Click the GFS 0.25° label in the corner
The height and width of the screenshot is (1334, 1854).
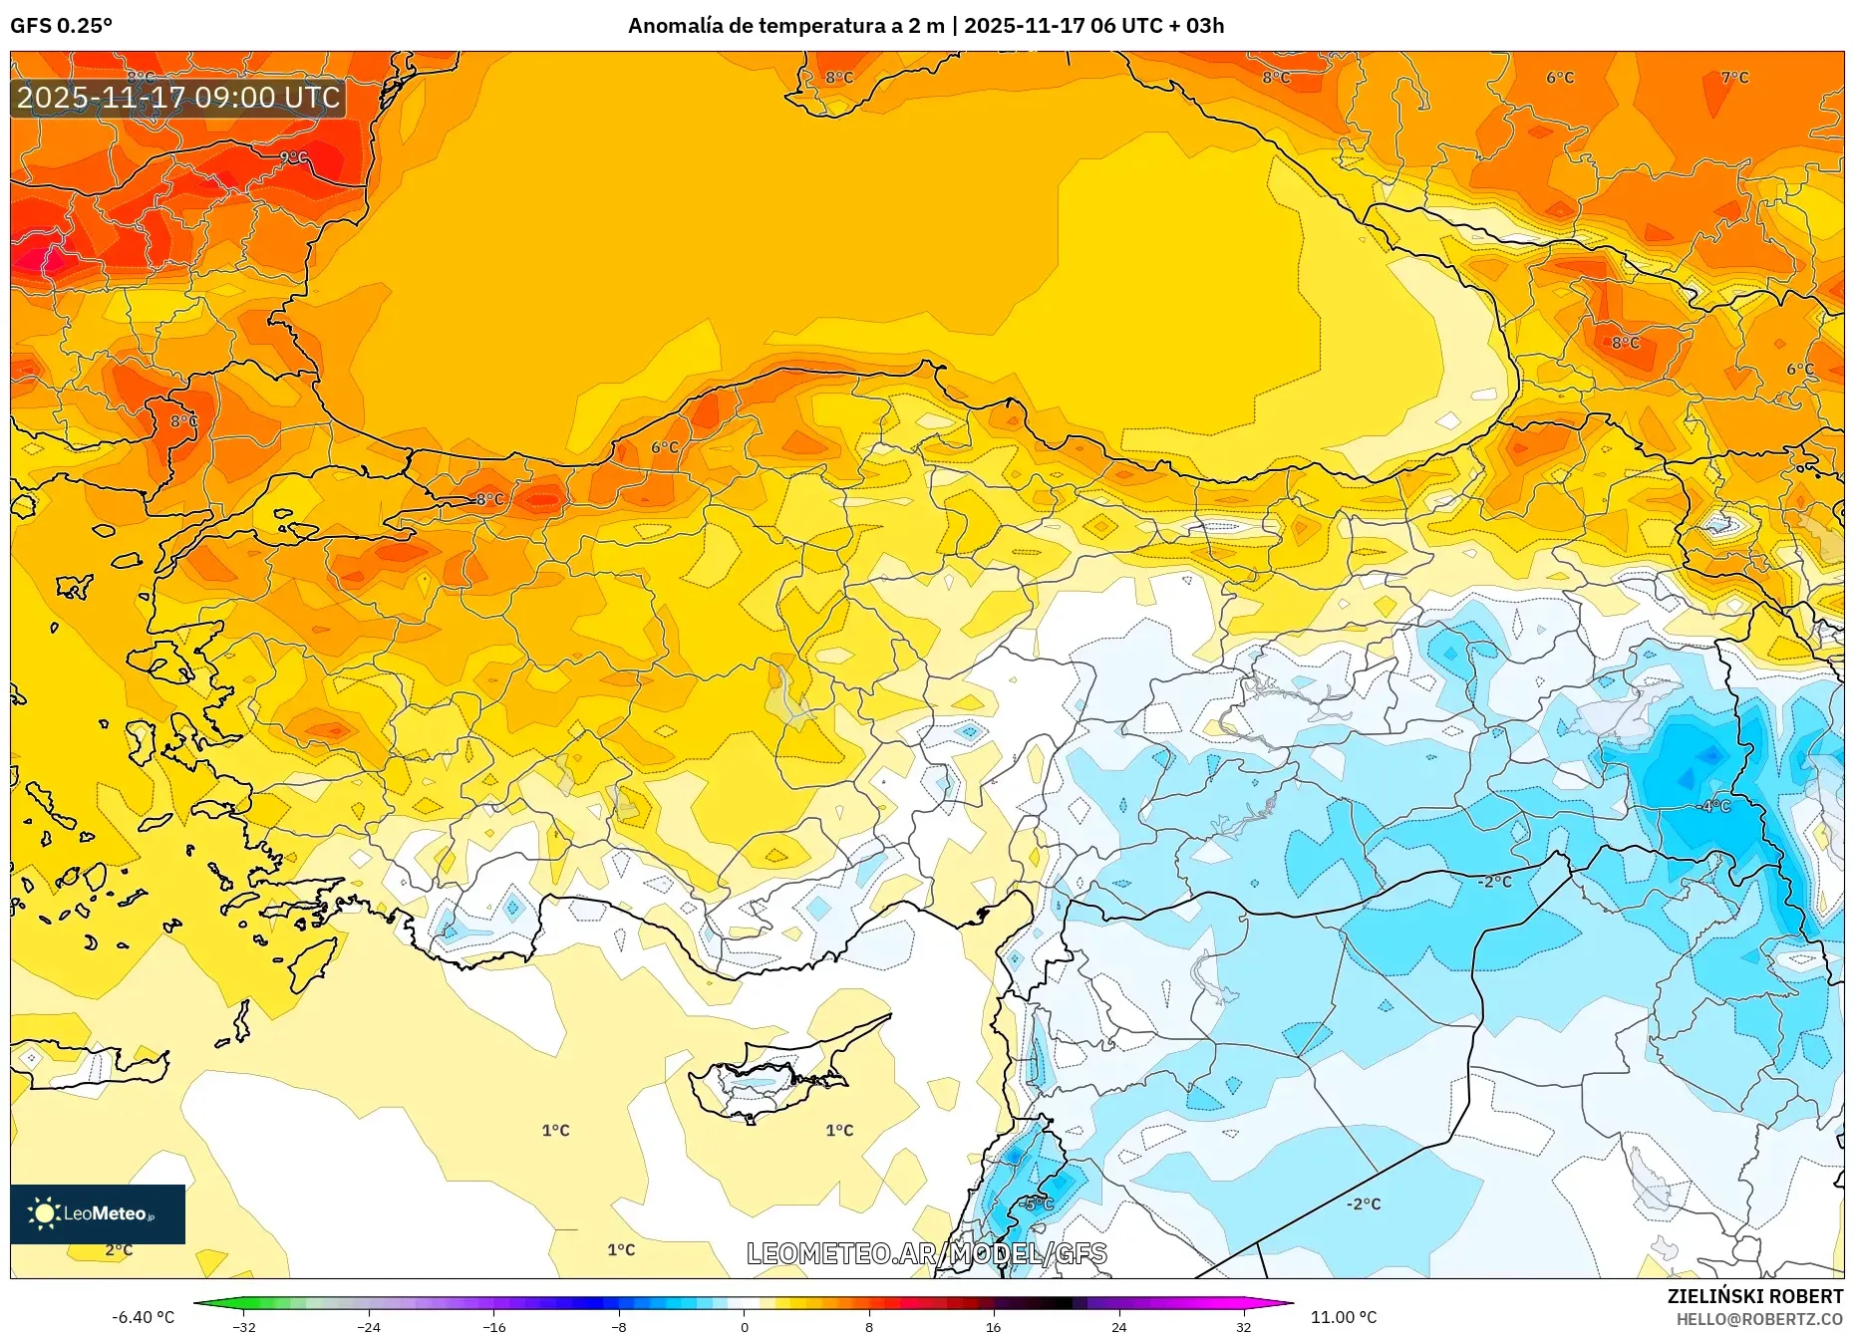[61, 26]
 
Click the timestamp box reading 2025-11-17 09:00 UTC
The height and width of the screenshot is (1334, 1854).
[178, 98]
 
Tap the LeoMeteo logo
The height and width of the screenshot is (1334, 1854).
[98, 1213]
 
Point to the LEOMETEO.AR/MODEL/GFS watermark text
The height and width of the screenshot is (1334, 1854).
[926, 1253]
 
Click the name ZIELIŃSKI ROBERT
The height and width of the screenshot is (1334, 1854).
[1754, 1296]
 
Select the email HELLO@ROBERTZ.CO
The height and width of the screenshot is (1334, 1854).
[1758, 1319]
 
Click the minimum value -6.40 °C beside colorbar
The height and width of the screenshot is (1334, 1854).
[143, 1317]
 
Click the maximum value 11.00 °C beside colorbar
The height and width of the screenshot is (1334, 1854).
[1343, 1317]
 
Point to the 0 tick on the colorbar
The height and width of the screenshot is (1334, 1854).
[744, 1326]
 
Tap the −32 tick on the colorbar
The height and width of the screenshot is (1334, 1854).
[244, 1326]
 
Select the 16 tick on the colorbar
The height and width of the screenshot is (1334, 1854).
[993, 1326]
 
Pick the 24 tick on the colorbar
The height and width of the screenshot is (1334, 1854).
[1118, 1326]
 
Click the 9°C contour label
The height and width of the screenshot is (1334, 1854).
[293, 157]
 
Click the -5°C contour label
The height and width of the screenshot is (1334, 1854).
[1037, 1203]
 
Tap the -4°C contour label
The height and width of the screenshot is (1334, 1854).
[1714, 806]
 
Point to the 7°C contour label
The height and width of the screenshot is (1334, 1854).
[1734, 78]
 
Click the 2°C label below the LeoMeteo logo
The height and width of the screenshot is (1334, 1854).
[119, 1249]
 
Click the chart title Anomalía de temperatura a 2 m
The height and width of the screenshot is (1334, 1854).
[785, 26]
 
